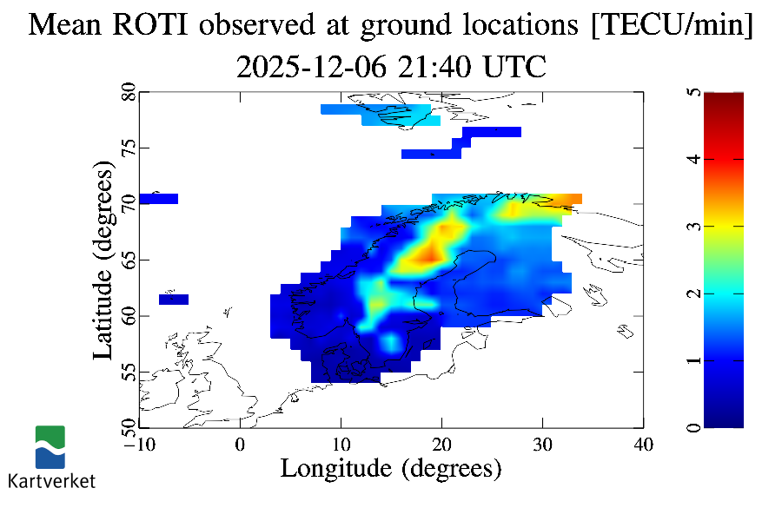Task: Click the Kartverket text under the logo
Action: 51,480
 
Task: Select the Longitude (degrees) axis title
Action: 391,469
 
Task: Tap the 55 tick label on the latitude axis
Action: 127,373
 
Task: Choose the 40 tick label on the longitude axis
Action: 643,445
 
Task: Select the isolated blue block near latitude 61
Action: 174,300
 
